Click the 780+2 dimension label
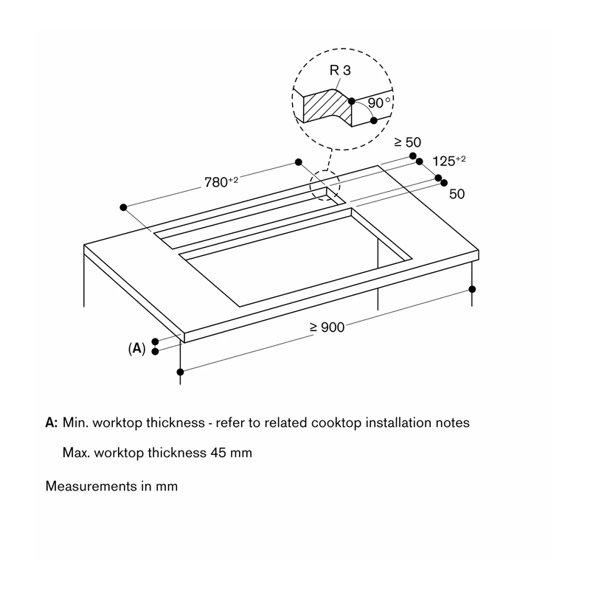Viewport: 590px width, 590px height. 221,181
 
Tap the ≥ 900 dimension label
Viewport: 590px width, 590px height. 327,327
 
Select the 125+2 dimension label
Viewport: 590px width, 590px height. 449,161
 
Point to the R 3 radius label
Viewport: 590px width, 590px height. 340,70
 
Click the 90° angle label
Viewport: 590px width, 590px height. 379,103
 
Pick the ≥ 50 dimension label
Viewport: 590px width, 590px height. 408,142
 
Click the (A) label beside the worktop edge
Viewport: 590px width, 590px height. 136,348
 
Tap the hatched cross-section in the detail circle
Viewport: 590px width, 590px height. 327,106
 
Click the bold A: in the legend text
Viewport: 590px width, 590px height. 52,423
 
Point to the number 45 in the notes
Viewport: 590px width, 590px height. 218,452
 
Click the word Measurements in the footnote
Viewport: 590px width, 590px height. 91,486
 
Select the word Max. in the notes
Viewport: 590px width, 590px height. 77,452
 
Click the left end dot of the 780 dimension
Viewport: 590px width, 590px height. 123,207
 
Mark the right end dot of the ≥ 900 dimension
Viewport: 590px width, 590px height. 472,289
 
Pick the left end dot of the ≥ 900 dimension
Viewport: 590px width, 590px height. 180,372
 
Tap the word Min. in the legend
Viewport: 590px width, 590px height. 75,423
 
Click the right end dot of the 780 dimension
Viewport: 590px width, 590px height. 299,162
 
